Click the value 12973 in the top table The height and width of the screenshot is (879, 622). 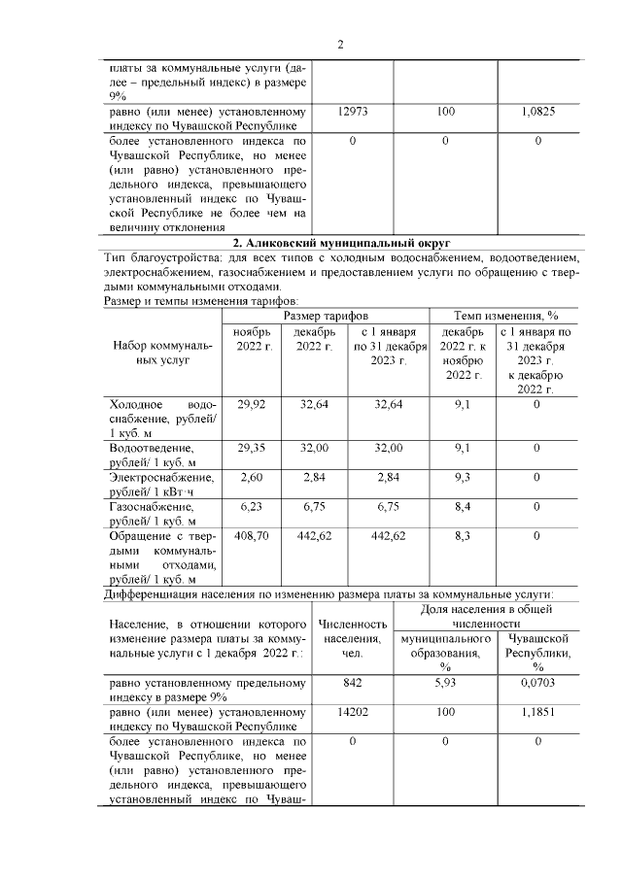352,113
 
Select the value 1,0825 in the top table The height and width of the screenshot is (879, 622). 537,113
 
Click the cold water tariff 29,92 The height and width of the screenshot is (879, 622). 251,404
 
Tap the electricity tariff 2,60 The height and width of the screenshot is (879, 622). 251,477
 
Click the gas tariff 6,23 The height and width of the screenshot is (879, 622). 251,506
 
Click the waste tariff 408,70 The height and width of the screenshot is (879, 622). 251,535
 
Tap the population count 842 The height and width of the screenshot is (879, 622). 352,684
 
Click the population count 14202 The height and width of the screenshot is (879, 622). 352,713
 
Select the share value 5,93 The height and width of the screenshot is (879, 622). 445,684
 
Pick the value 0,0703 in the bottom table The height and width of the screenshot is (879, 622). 537,684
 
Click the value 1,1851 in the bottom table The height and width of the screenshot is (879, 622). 537,713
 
